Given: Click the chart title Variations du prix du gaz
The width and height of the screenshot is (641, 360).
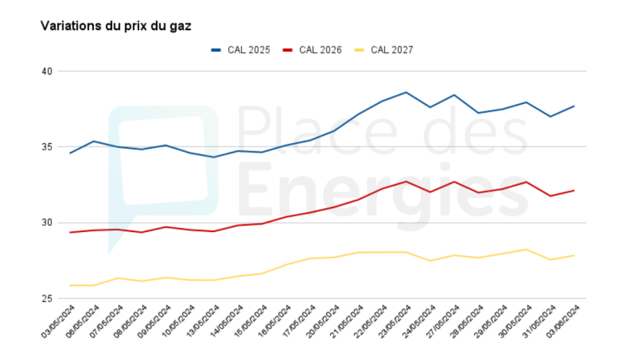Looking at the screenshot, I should [116, 26].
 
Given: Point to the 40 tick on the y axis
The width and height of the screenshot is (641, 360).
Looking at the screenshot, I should [47, 71].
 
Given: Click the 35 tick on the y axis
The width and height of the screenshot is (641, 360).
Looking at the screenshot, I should [47, 147].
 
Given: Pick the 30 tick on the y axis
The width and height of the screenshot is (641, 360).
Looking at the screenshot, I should [47, 222].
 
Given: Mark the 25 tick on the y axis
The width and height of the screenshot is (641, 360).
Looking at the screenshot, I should [47, 298].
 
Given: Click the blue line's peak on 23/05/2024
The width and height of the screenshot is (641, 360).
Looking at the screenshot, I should [406, 92].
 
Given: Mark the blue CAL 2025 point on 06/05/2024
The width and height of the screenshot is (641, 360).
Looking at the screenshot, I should [94, 141].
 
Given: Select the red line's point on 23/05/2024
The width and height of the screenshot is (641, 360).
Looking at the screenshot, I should [406, 181].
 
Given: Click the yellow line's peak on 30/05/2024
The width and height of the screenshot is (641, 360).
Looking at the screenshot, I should [526, 249].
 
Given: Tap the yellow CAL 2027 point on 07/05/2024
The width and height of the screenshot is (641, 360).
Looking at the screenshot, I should [118, 278].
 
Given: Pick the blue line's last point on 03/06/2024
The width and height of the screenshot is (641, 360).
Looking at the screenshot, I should [574, 106].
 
